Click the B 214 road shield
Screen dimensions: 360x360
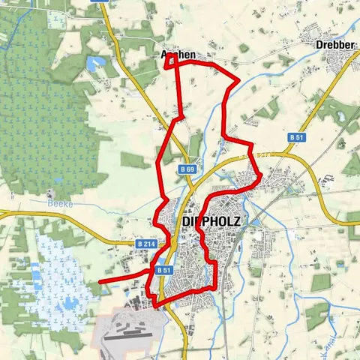[x=145, y=244]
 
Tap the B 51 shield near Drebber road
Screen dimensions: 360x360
[x=296, y=138]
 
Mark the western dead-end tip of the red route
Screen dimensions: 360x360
[x=100, y=281]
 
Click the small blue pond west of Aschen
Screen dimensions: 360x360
[x=97, y=64]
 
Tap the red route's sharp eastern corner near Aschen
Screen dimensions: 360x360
[x=238, y=79]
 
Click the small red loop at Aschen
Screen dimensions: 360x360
[x=172, y=63]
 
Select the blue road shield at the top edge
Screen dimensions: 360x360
[x=100, y=2]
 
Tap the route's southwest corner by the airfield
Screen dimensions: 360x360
[x=155, y=304]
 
